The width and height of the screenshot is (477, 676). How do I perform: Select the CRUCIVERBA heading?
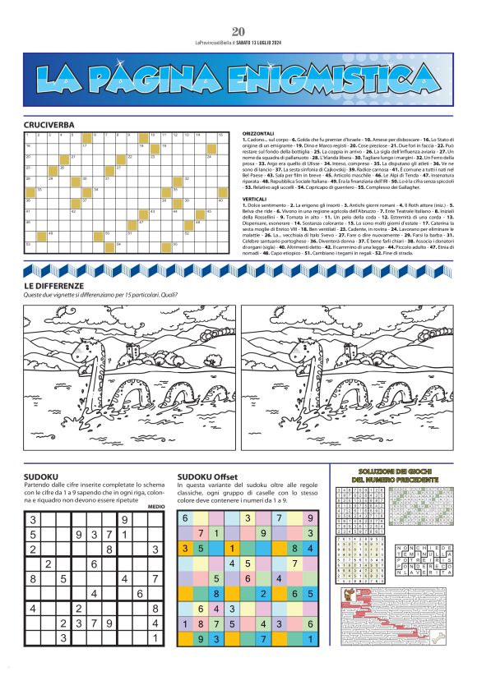click(x=49, y=125)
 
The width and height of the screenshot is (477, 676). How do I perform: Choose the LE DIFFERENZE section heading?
click(x=54, y=285)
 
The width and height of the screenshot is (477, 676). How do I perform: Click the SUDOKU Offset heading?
click(x=207, y=476)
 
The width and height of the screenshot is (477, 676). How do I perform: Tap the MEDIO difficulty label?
click(x=156, y=506)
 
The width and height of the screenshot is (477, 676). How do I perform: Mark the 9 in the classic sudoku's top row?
click(x=124, y=519)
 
